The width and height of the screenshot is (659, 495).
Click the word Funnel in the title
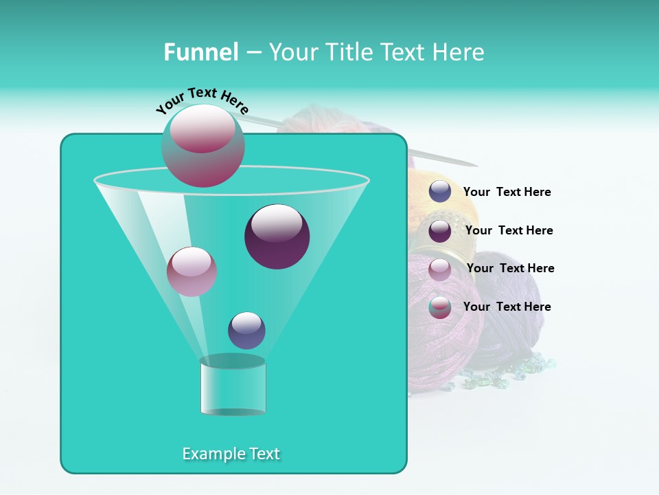coord(200,52)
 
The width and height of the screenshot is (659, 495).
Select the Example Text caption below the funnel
coord(231,454)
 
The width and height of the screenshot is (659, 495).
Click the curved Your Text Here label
coord(203,100)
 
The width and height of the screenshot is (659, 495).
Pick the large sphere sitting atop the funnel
coord(203,145)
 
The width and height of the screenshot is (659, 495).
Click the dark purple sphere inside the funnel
coord(277,236)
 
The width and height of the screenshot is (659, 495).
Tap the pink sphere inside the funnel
coord(192,271)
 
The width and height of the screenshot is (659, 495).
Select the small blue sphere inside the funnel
coord(246,330)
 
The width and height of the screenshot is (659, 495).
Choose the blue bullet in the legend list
coord(440,192)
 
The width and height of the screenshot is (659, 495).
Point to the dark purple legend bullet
coord(440,230)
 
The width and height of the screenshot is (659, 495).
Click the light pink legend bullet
coord(440,269)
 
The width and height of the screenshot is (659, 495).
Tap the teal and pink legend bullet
coord(440,307)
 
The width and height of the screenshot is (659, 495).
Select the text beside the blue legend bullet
coord(507,192)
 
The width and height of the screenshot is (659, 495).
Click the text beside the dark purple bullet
coord(509,230)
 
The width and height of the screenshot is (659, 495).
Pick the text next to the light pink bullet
coord(510,268)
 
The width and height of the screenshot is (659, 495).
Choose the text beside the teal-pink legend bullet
coord(507,307)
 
